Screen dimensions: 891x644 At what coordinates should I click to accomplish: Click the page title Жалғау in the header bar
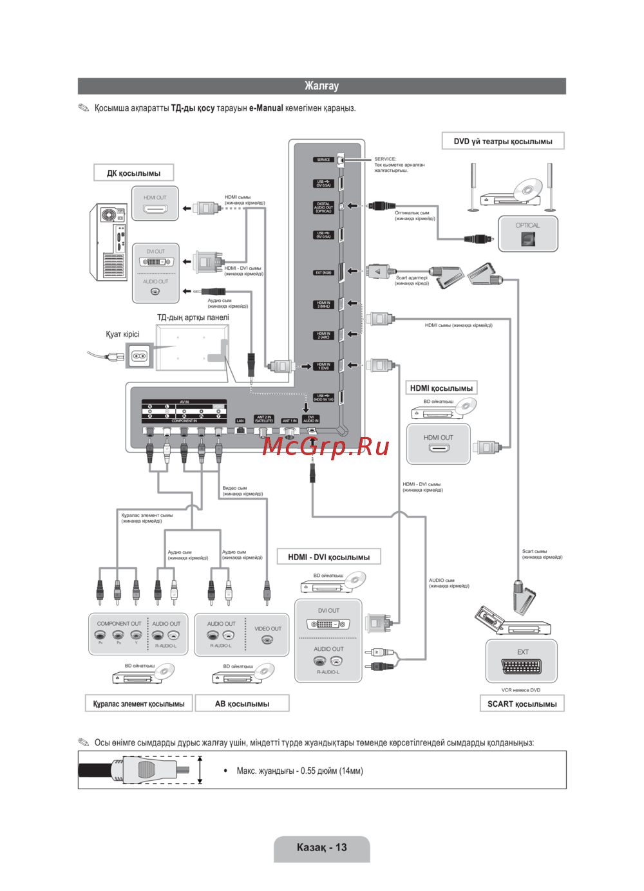321,86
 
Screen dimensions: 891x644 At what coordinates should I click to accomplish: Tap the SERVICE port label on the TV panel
323,160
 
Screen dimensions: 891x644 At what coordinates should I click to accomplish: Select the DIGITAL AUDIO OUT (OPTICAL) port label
323,207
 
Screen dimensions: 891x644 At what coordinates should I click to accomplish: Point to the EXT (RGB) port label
323,272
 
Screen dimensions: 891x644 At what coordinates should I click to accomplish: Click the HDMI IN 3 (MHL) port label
323,305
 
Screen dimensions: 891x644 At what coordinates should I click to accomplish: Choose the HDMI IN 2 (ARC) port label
323,335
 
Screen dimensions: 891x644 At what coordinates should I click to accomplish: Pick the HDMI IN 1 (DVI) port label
323,366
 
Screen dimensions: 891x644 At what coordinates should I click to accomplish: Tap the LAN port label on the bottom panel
240,421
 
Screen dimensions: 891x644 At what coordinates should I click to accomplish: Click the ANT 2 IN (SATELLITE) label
264,419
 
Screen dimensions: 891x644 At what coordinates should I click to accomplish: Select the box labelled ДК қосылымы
134,173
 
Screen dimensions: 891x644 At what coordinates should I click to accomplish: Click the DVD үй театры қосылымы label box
503,141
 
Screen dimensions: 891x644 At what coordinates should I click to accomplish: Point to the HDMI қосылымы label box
441,388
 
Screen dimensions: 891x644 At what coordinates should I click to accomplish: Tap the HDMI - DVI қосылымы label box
328,557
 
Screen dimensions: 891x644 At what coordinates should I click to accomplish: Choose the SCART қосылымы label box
522,704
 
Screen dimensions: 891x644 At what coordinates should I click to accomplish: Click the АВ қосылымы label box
242,704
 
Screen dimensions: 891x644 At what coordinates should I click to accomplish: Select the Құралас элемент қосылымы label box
138,704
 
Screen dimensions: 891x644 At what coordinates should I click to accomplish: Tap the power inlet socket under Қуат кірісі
140,356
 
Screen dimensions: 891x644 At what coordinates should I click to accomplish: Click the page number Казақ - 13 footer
321,847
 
